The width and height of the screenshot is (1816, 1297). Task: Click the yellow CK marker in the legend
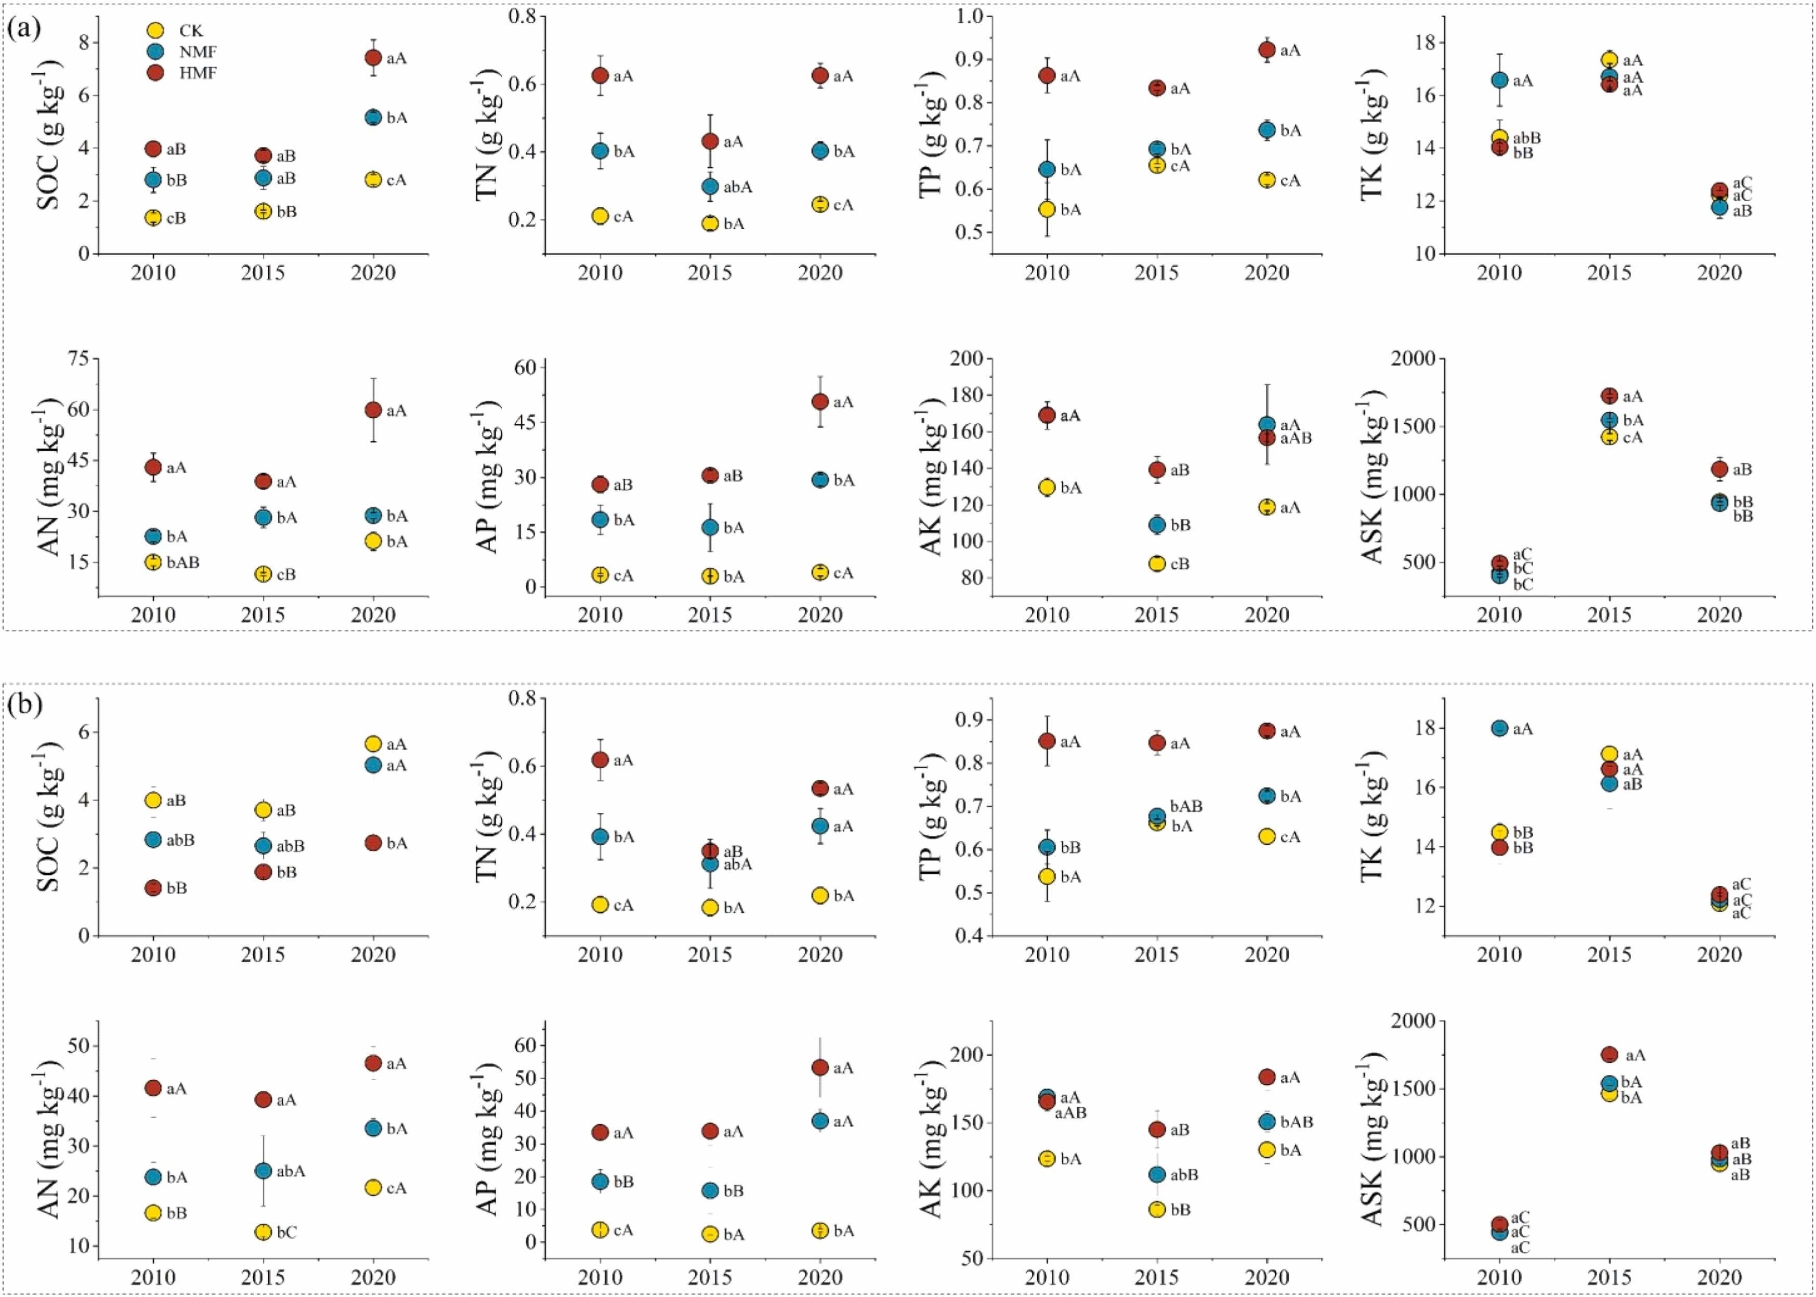click(156, 30)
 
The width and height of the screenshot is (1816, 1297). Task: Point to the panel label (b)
click(23, 704)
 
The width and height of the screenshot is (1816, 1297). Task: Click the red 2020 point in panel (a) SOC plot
click(373, 58)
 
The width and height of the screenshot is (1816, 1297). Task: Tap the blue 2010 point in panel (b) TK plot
click(1500, 728)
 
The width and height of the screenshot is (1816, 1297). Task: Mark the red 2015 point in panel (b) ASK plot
click(1609, 1054)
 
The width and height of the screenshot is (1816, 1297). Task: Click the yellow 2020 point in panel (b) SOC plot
click(373, 743)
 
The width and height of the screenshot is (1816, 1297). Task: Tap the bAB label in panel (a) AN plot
click(183, 562)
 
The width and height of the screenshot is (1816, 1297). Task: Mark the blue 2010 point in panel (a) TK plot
click(1500, 80)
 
